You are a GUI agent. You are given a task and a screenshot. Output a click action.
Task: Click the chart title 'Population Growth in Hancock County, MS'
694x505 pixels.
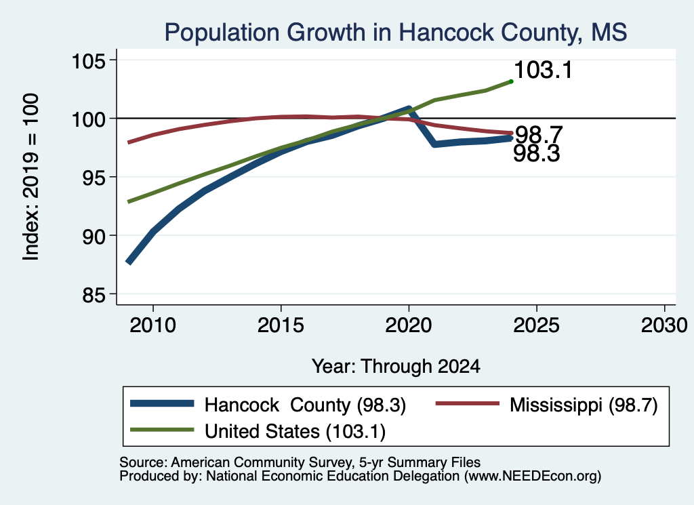pos(396,33)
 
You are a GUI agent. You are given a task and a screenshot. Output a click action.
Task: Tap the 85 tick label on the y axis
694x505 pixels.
pos(94,294)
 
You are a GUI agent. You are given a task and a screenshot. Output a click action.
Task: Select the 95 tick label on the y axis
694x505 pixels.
pos(94,178)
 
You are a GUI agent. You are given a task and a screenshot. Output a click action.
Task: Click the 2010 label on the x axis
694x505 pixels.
pos(153,326)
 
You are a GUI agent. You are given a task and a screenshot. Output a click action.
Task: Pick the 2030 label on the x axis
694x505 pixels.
pos(664,326)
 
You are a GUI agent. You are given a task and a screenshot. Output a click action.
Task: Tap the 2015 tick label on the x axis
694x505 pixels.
pos(281,326)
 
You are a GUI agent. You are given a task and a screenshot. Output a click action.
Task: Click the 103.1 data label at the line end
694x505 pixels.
pos(544,70)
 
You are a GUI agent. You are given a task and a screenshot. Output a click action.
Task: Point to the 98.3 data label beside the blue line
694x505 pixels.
pos(537,154)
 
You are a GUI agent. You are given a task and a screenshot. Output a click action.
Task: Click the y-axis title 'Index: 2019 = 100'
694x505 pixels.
pos(31,177)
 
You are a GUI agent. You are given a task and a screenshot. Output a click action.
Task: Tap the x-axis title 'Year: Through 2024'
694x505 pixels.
pos(396,367)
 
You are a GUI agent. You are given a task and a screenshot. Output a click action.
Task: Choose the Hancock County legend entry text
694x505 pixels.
pos(305,405)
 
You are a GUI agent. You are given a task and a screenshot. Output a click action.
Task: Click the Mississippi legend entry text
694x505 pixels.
pos(584,405)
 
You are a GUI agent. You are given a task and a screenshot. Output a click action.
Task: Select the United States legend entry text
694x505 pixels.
pos(295,432)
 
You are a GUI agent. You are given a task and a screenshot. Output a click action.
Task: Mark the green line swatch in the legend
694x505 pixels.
pos(162,430)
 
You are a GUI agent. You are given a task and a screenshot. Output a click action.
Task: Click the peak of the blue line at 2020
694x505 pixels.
pos(409,108)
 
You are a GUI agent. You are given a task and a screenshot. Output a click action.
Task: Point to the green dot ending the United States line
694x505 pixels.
pos(511,81)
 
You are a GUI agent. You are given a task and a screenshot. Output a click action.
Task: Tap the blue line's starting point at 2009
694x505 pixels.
pos(129,262)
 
